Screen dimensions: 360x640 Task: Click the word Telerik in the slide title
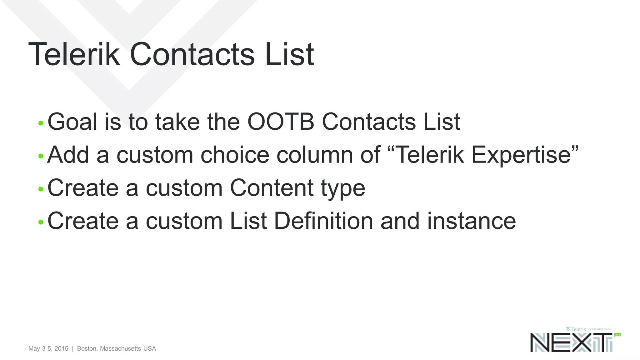(x=74, y=54)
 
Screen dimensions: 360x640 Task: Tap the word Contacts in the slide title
(x=192, y=54)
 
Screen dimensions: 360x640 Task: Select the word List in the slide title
(x=289, y=54)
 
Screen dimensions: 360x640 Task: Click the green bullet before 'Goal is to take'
(x=41, y=123)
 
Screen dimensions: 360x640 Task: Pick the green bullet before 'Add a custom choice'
(x=41, y=156)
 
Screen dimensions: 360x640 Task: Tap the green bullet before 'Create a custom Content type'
(x=41, y=189)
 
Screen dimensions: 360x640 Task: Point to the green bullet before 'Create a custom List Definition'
(x=41, y=222)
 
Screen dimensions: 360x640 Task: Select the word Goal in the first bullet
(x=72, y=122)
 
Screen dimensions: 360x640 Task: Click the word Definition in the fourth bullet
(x=323, y=221)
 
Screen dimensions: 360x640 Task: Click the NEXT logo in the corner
(x=571, y=342)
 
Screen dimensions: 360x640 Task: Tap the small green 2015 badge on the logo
(x=618, y=335)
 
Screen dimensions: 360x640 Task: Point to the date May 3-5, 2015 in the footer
(x=48, y=348)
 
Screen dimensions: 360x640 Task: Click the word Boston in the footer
(x=87, y=348)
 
